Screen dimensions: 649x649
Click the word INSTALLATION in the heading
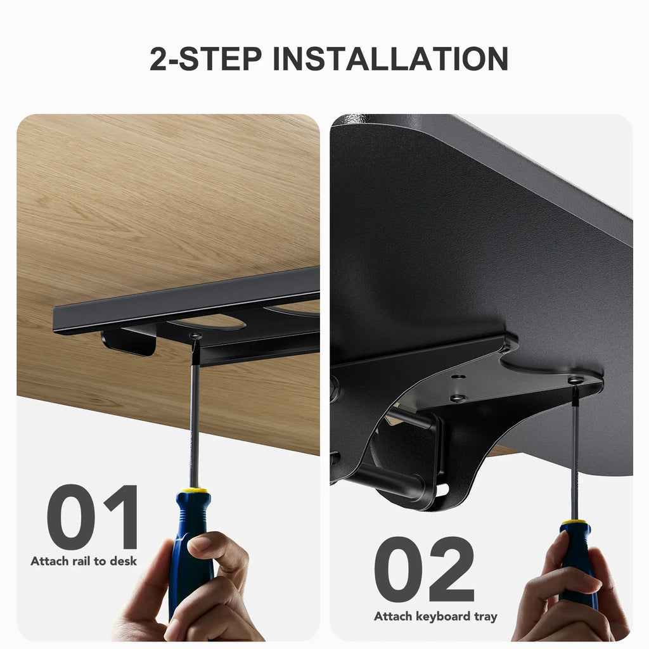tap(390, 58)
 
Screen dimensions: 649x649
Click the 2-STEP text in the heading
tap(206, 58)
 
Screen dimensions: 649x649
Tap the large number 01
tap(92, 517)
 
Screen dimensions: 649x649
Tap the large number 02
tap(424, 569)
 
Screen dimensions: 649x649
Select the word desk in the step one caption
tap(123, 561)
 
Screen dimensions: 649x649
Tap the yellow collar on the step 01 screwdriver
tap(193, 491)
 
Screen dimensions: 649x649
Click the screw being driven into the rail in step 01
tap(195, 336)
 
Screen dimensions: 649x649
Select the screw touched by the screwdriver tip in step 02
tap(574, 380)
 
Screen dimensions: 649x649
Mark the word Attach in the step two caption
tap(393, 616)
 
